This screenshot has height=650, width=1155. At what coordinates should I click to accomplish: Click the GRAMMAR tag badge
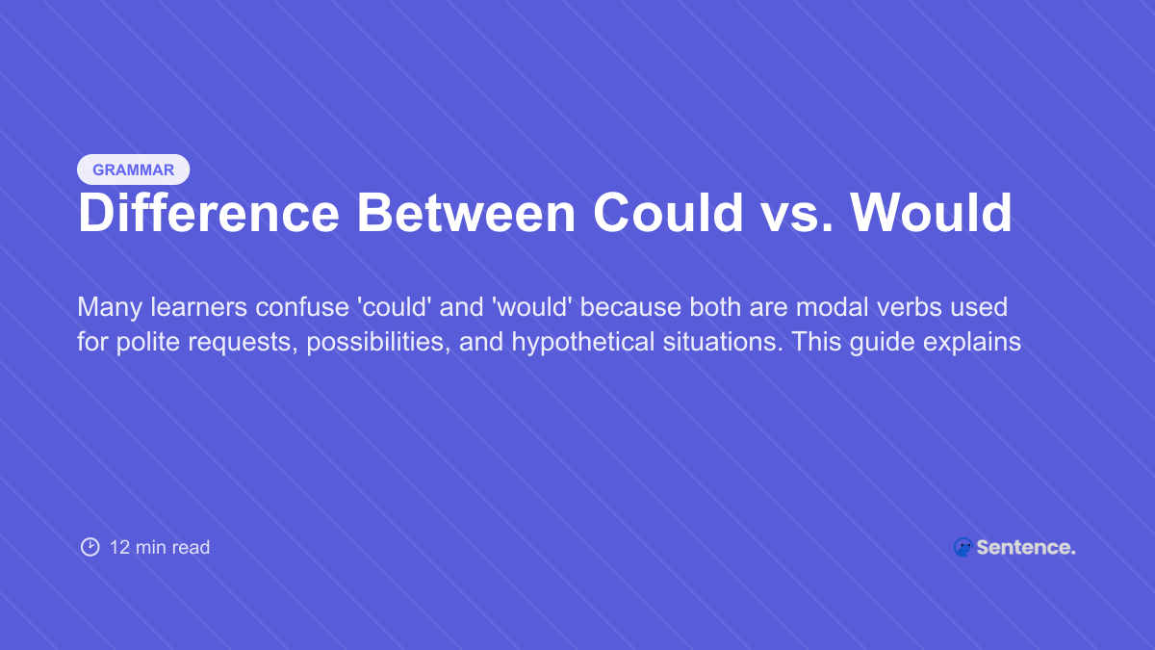click(133, 169)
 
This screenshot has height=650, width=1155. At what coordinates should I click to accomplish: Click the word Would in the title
click(931, 213)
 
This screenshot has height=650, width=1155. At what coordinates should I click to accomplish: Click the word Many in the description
click(107, 307)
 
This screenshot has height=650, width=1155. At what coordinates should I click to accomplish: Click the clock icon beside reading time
click(90, 547)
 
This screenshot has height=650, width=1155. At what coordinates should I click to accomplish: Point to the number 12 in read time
click(119, 547)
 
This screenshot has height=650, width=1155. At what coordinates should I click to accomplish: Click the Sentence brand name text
click(1025, 547)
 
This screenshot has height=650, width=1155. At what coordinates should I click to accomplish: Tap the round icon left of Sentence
click(962, 547)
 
